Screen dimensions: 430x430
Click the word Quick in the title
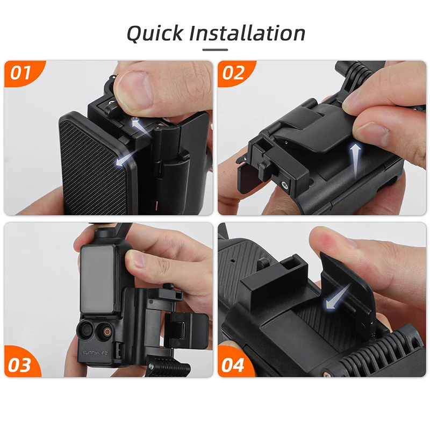pos(156,33)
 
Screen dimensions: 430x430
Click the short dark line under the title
pos(215,50)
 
